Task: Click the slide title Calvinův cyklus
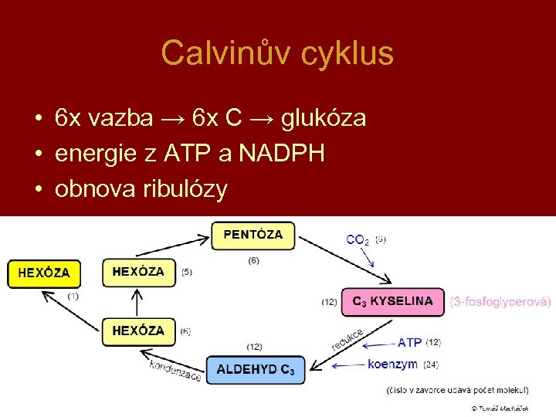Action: coord(277,53)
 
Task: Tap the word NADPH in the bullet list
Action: coord(281,154)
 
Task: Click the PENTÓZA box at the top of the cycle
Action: coord(253,235)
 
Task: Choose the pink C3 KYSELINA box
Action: coord(392,301)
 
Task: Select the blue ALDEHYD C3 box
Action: coord(256,369)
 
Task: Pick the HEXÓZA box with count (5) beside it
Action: coord(139,272)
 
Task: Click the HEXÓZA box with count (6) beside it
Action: coord(139,331)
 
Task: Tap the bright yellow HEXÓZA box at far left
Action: coord(44,273)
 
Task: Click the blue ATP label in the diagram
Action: coord(409,342)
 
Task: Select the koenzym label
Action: coord(392,364)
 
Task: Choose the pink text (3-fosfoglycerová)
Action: coord(500,301)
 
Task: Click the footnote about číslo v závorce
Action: coord(457,390)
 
